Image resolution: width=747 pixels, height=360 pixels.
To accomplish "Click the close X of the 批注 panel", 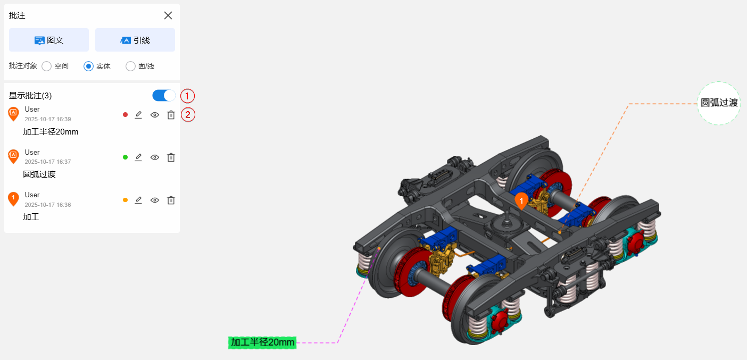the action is coord(168,15).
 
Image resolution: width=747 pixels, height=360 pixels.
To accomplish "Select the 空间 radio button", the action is coord(47,66).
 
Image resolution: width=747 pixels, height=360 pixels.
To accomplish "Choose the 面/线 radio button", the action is coord(130,66).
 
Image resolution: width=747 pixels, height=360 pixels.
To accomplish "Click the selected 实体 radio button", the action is coord(88,66).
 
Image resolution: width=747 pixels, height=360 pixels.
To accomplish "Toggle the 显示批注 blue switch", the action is coord(164,96).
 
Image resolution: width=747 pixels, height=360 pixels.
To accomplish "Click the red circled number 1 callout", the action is coord(187,96).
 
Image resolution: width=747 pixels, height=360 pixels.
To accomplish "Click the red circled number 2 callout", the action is coord(188,115).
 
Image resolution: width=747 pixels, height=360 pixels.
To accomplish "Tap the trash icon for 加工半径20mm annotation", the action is coord(171,115).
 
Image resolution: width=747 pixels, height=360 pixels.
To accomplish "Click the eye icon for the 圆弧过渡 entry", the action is coord(155,157).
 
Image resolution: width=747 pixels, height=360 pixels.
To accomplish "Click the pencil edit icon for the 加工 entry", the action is coord(138,200).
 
